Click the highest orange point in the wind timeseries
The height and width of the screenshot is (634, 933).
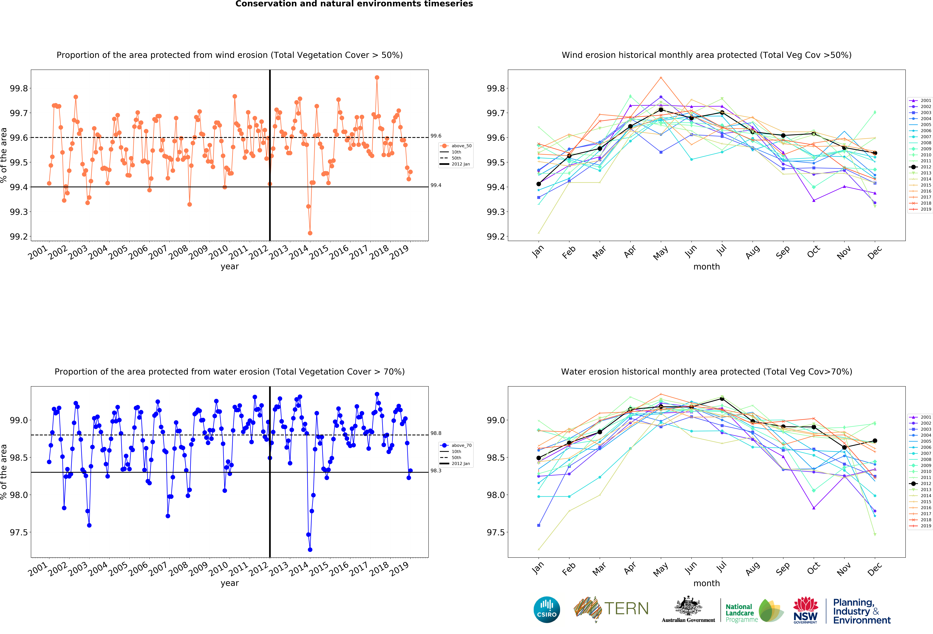(x=377, y=78)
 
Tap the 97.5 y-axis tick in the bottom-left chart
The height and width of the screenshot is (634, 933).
(x=19, y=532)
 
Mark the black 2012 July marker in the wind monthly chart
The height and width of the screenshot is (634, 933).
(x=722, y=112)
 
